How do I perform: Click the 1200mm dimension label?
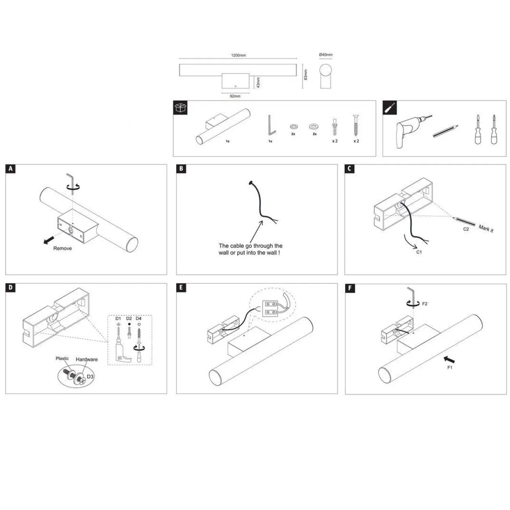point(238,55)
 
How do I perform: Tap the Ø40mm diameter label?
point(325,55)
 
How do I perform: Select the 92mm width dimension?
point(235,96)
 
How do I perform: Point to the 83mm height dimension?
point(306,75)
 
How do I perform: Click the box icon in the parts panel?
point(180,107)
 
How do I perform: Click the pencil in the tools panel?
point(445,131)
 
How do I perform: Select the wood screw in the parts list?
point(356,126)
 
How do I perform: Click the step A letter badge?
point(10,169)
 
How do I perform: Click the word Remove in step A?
point(62,248)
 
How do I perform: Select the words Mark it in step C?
point(486,228)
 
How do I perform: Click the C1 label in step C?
point(419,252)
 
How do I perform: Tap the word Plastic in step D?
point(62,358)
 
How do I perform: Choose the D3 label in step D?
point(90,376)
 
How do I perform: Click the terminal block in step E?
point(270,309)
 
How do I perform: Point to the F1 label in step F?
point(450,367)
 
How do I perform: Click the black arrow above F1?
point(449,359)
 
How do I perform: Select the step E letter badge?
point(181,288)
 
